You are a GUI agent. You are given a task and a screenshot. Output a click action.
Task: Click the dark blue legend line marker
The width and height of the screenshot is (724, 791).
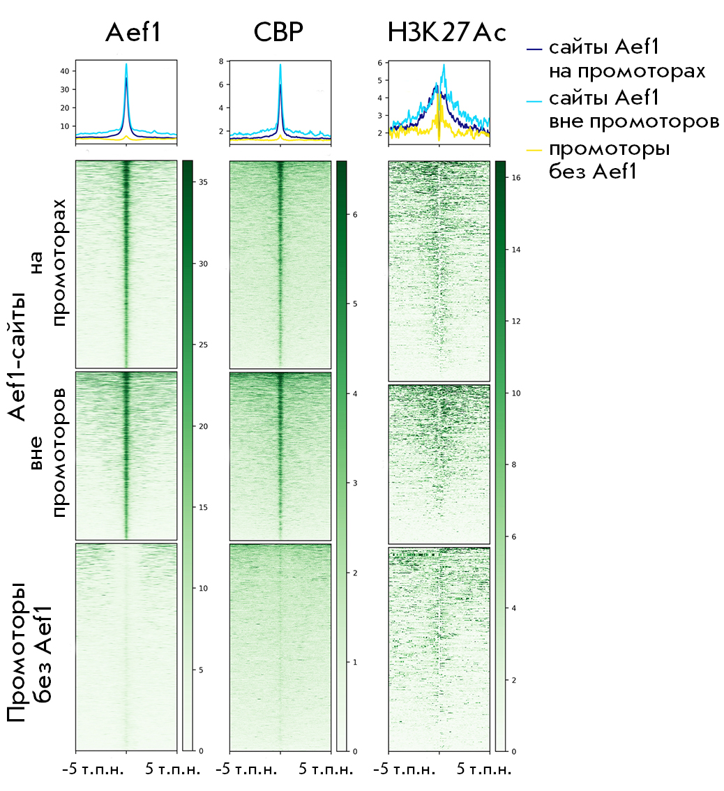(534, 49)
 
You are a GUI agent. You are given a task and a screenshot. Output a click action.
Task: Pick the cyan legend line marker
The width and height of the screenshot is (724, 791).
(534, 99)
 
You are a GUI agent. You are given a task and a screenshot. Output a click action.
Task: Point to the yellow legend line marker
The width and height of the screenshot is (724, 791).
(534, 149)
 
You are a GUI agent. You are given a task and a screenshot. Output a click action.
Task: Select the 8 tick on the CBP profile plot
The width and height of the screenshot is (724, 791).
(220, 61)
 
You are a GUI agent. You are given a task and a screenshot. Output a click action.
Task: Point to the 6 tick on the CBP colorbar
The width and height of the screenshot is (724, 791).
(354, 215)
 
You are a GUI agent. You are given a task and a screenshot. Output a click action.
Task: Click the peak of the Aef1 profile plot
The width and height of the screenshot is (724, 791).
(126, 65)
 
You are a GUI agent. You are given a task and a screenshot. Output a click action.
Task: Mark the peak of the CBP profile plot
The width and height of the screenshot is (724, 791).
(280, 65)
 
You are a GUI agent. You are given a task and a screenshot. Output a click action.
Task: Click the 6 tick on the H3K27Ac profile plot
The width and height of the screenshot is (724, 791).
(379, 63)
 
